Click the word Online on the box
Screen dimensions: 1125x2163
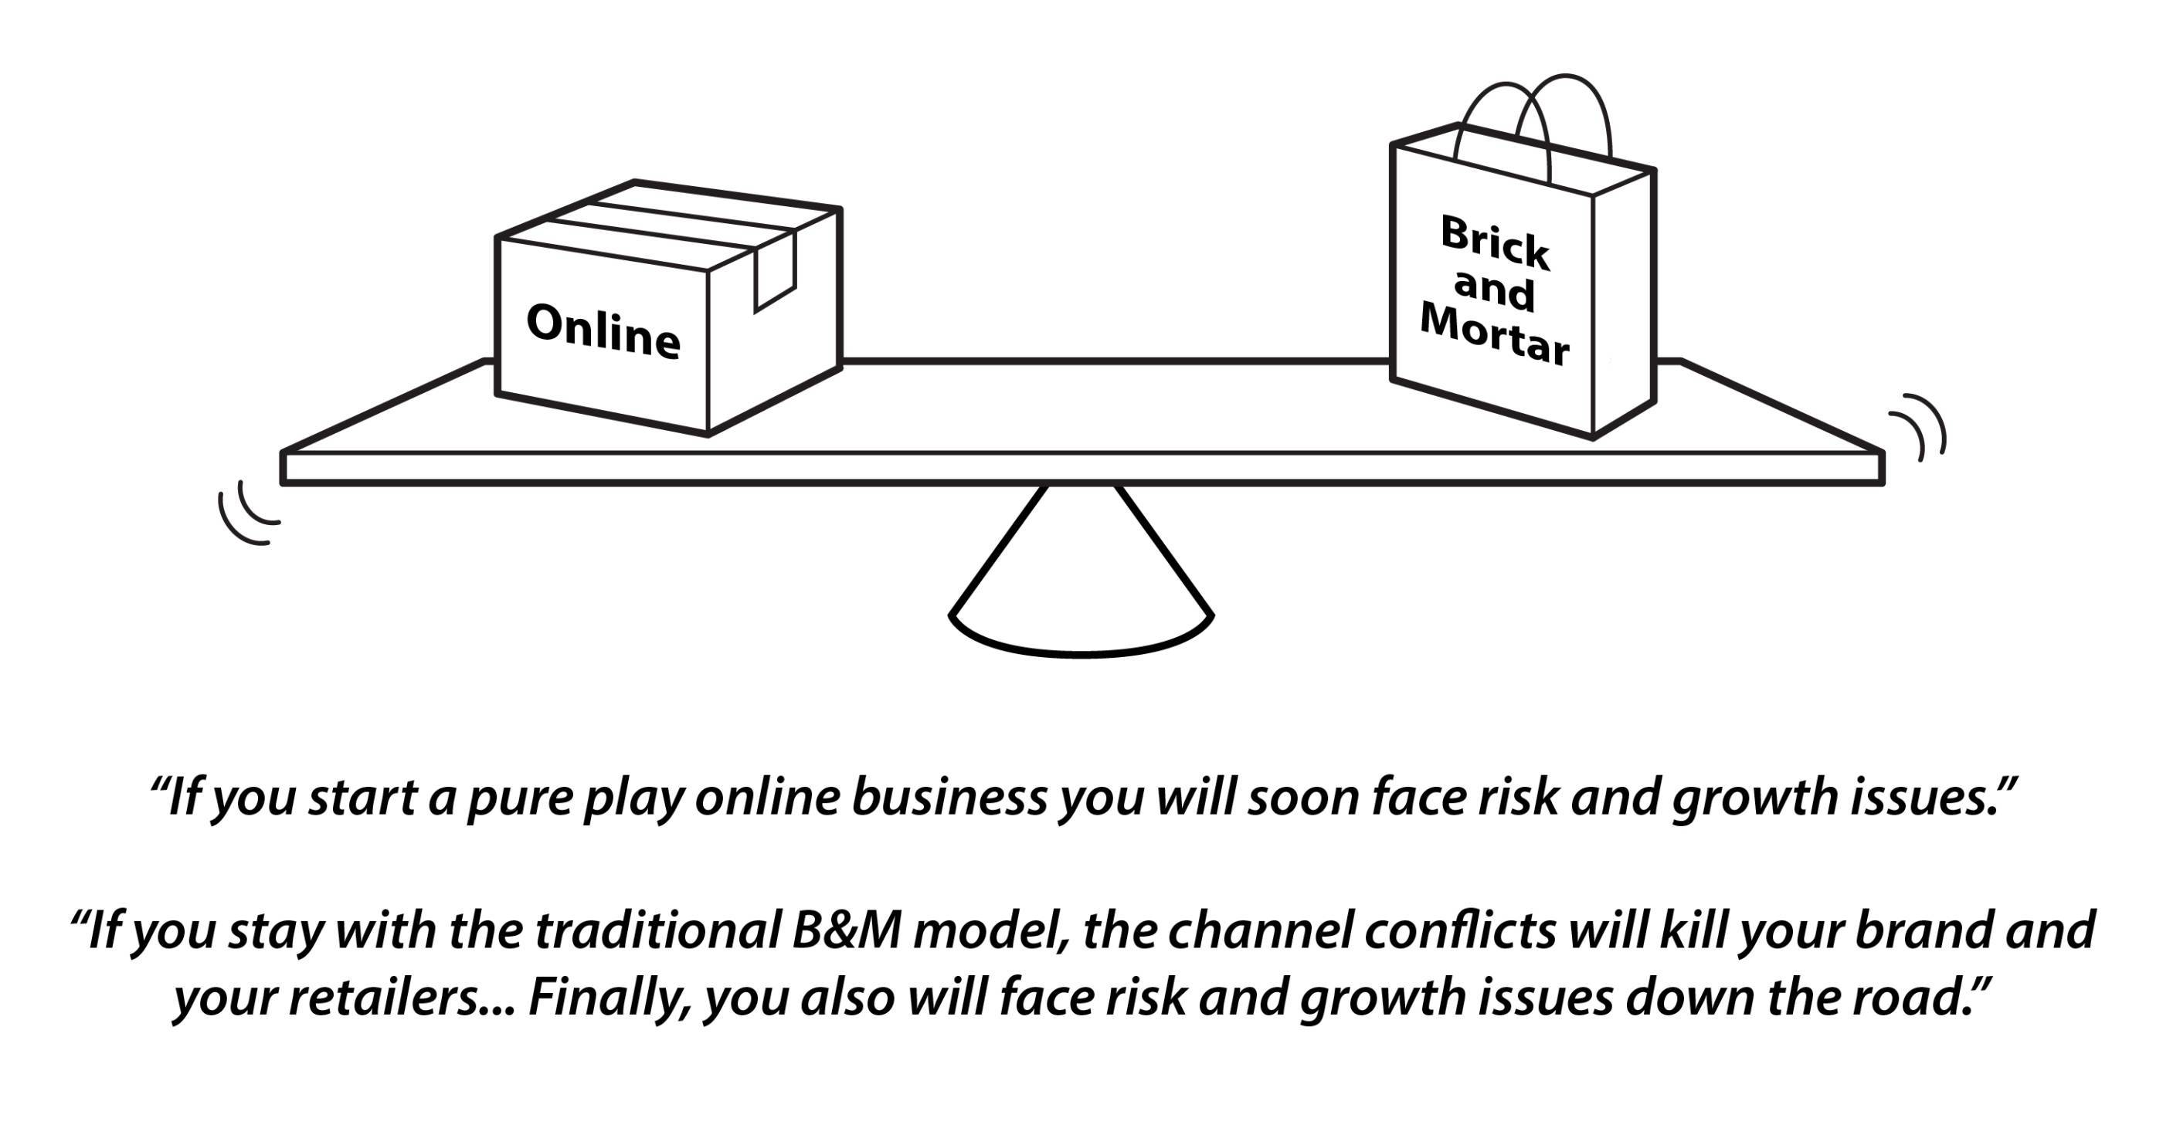coord(603,331)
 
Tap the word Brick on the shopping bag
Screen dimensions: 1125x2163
coord(1495,243)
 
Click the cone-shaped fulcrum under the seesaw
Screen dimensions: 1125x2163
coord(1081,588)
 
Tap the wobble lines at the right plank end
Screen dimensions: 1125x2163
coord(1923,425)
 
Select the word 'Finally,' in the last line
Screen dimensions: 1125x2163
coord(610,999)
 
